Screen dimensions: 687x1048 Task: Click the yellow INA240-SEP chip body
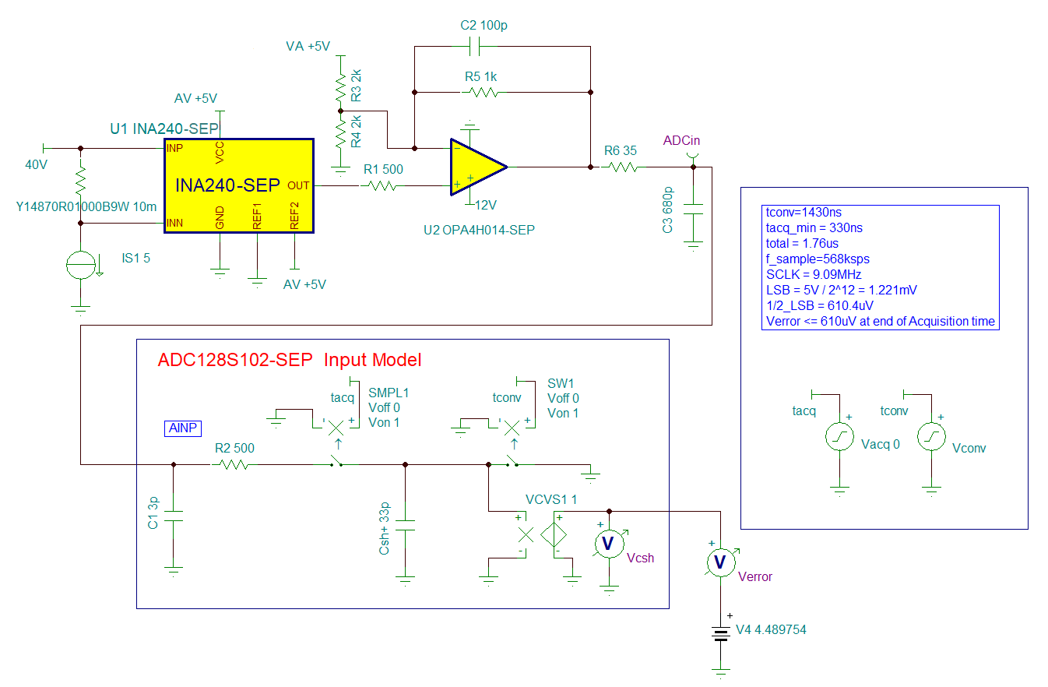(237, 186)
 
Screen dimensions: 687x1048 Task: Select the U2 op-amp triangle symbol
(477, 166)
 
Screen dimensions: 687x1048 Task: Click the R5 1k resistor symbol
(480, 92)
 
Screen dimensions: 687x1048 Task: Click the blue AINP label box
(183, 428)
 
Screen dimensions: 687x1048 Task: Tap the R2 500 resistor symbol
(232, 465)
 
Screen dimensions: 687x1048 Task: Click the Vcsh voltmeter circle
(609, 543)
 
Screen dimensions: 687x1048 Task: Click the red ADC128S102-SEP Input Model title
(289, 360)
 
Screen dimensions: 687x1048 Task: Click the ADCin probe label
(681, 140)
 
